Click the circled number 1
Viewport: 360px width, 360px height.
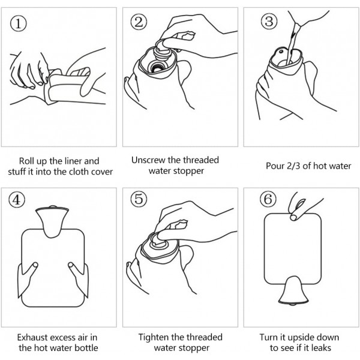pyautogui.click(x=19, y=23)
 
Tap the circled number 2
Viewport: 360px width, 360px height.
pyautogui.click(x=139, y=22)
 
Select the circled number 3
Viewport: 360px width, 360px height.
pyautogui.click(x=269, y=22)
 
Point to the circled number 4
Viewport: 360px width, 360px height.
pyautogui.click(x=17, y=200)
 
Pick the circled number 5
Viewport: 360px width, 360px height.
pyautogui.click(x=139, y=199)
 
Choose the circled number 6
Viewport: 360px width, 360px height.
pyautogui.click(x=268, y=199)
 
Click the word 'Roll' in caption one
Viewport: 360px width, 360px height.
pyautogui.click(x=26, y=161)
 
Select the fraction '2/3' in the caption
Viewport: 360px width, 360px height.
pyautogui.click(x=293, y=166)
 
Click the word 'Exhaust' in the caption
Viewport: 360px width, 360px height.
pyautogui.click(x=32, y=337)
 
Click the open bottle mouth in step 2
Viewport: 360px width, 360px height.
pyautogui.click(x=157, y=67)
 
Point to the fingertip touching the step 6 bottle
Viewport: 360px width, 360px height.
pyautogui.click(x=293, y=217)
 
